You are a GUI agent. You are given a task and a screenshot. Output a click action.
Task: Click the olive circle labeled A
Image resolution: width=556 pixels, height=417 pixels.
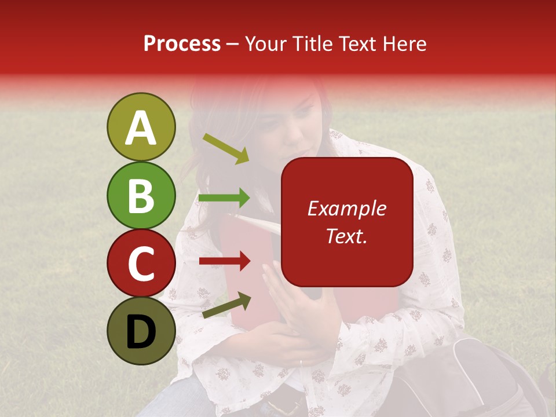coord(141,127)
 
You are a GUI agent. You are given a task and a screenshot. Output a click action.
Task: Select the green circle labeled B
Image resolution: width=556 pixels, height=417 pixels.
coord(141,196)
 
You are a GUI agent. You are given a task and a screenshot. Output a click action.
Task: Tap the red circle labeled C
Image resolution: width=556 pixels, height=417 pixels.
coord(141,264)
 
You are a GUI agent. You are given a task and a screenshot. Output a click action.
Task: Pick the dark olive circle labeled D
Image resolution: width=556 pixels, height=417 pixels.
coord(141,331)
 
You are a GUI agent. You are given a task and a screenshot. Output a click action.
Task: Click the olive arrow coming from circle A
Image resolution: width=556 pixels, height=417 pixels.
coord(226,148)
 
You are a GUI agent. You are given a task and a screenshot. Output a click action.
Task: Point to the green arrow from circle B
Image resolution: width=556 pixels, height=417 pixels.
coord(225,198)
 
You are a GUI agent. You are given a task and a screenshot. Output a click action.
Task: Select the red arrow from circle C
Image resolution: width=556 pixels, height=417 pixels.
coord(225,261)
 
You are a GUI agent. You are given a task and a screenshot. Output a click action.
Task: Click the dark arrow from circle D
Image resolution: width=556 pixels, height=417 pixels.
coord(227,305)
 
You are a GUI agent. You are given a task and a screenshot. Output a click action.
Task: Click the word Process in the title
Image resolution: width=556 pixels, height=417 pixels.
coord(182,44)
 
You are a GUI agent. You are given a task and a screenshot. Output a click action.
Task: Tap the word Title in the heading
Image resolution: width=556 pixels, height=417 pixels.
coord(312,44)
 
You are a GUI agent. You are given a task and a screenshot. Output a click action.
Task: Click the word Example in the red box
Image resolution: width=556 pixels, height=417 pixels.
coord(346,209)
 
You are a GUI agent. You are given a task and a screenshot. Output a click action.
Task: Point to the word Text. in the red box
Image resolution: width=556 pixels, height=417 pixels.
coord(346,236)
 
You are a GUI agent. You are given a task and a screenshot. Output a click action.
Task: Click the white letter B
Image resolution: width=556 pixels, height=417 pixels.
coord(141,196)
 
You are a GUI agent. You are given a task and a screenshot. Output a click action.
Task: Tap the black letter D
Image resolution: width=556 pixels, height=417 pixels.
coord(141,332)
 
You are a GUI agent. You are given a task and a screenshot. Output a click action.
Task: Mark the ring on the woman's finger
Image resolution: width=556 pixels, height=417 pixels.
coord(300,363)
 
